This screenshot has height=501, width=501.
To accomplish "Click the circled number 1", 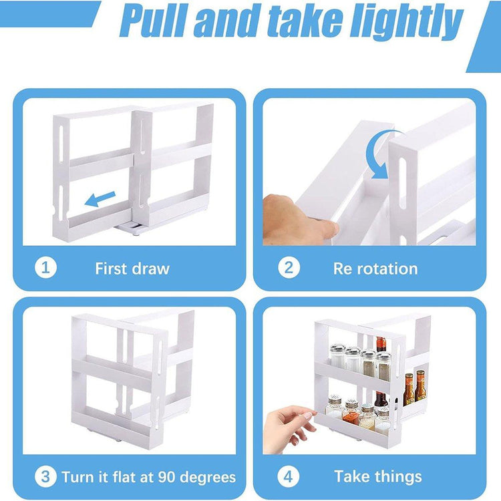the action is pos(45,267).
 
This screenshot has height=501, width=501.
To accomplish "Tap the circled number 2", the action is pos(289,267).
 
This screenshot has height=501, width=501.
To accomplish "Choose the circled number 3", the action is pos(45,476).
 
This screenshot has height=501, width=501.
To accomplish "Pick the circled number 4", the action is pos(288,476).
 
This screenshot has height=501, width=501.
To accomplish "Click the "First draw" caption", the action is pos(132,269).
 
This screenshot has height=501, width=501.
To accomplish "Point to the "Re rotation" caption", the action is pos(375,269).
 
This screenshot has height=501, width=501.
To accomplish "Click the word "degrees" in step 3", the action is pos(208,478).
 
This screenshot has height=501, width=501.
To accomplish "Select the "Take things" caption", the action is pos(378,477).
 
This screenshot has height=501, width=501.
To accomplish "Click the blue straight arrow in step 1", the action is pos(100,199).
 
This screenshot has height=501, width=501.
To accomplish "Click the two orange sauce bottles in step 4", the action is pos(415,387).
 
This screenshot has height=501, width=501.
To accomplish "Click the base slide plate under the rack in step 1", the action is pos(132,228).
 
